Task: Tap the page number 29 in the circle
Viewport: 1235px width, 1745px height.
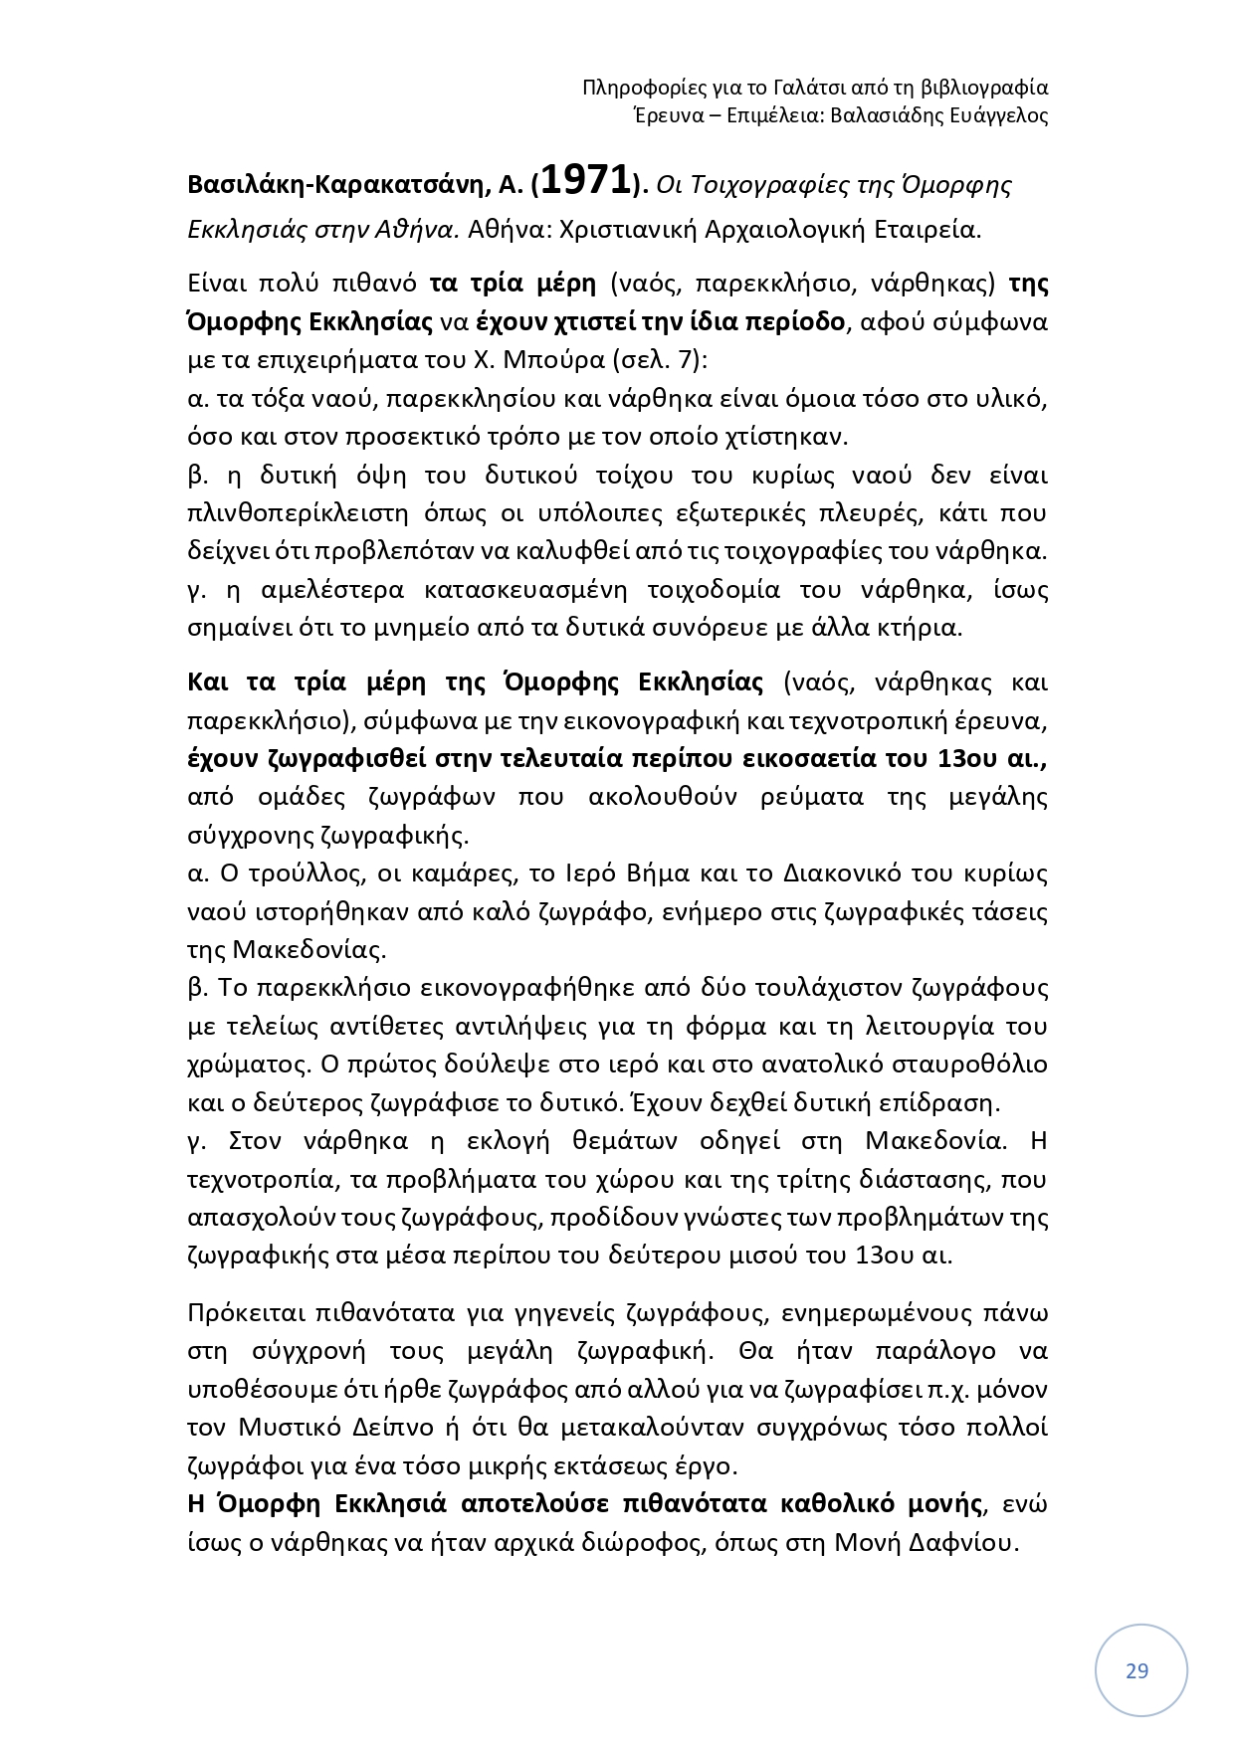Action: (x=1136, y=1670)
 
